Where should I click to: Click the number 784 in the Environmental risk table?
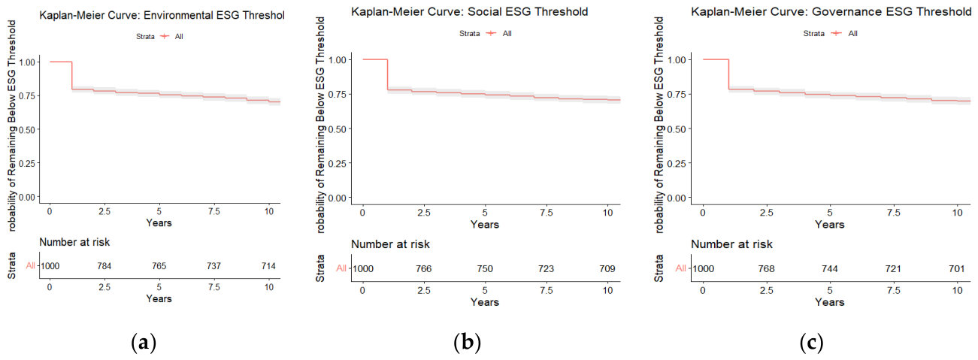coord(104,266)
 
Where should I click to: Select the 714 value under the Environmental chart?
coord(268,266)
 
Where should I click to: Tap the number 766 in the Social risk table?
coord(423,268)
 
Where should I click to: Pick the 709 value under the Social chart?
coord(607,268)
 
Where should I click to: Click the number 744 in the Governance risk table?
coord(830,268)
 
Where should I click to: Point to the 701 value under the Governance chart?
coord(957,268)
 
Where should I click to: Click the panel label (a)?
coord(144,343)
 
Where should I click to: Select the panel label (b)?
coord(467,343)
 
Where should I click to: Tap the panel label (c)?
coord(811,343)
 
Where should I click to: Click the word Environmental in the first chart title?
coord(178,15)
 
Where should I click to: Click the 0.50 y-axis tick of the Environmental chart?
coord(27,129)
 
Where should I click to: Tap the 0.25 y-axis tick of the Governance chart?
coord(677,163)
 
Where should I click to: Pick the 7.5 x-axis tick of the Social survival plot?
coord(547,213)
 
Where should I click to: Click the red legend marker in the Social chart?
coord(491,33)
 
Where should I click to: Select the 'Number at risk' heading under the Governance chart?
coord(731,244)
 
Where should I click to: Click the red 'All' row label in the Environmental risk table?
coord(31,265)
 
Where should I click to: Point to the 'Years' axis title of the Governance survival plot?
coord(830,224)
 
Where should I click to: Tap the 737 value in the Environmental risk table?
coord(213,266)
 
